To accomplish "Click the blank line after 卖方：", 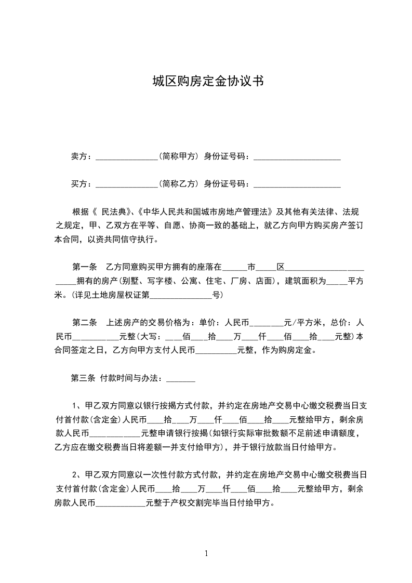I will (127, 156).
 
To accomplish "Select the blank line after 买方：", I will (127, 184).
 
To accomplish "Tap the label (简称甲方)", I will (179, 156).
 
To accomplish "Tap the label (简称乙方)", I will (179, 183).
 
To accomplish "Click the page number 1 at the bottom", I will (206, 553).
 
